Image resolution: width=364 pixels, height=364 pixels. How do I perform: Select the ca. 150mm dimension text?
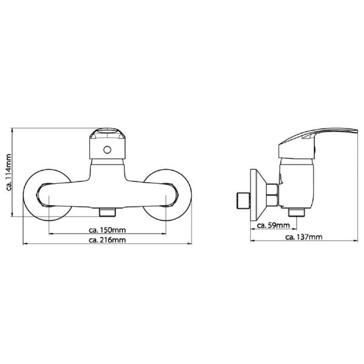[107, 230]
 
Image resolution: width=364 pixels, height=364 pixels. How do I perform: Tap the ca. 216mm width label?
[107, 240]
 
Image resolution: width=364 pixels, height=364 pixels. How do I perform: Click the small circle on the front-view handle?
[107, 150]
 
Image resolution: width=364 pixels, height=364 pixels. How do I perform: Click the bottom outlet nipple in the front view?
[107, 212]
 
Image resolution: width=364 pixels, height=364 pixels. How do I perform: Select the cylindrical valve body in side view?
[297, 182]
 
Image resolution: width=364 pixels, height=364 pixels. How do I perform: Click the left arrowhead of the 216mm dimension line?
[24, 244]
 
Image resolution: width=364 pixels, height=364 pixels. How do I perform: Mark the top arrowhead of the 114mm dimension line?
[15, 130]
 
